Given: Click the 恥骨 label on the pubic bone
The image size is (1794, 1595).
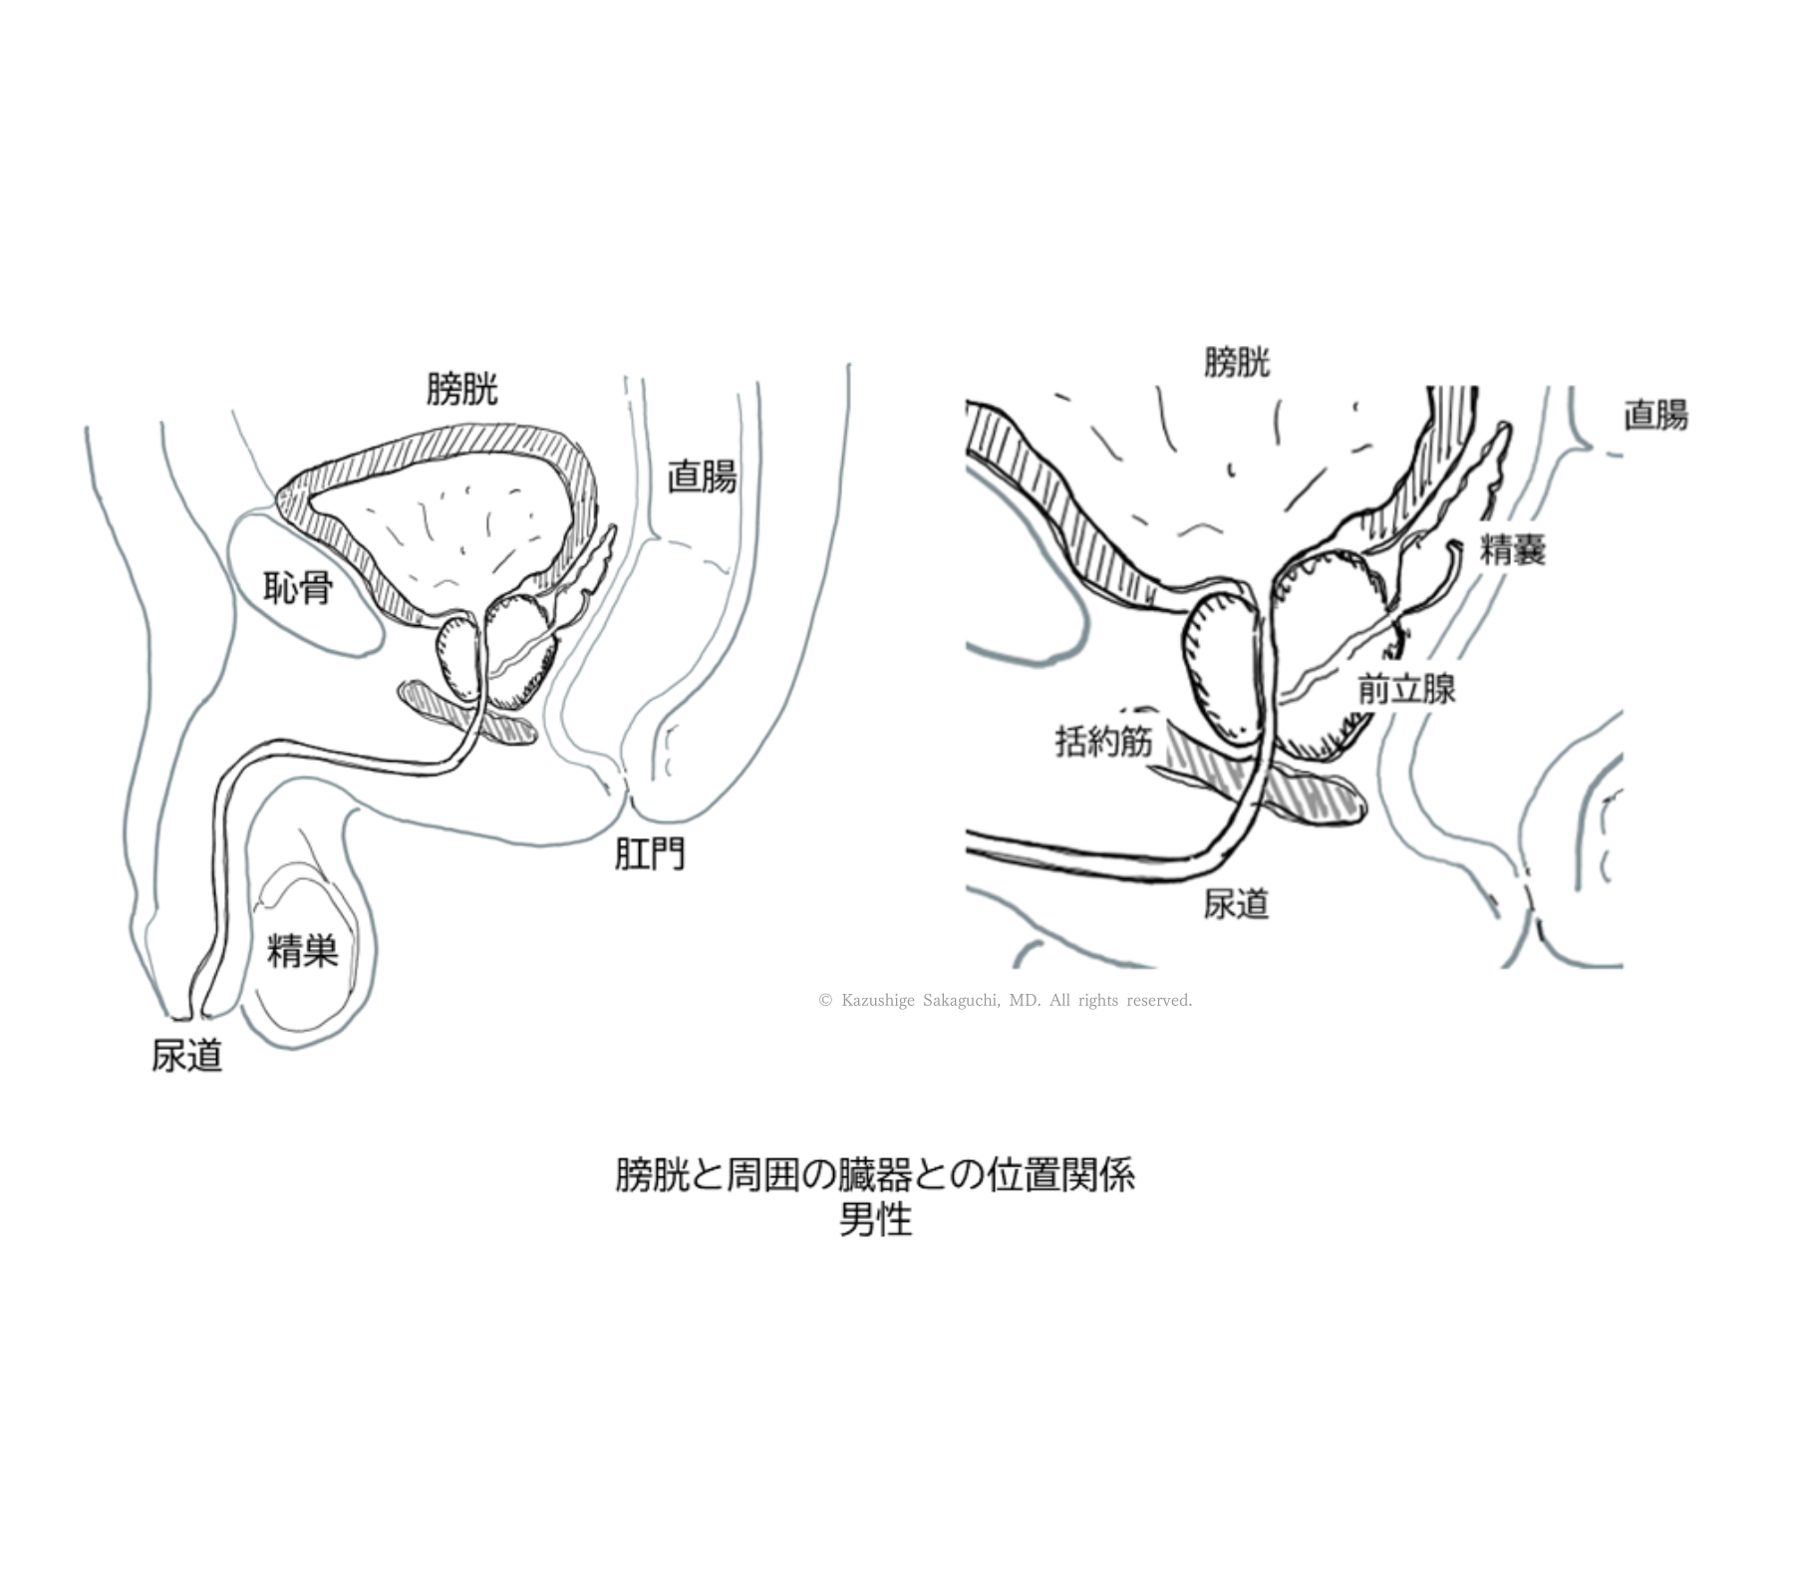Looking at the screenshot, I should click(x=298, y=588).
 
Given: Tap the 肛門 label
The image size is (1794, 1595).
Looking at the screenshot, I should click(x=649, y=854).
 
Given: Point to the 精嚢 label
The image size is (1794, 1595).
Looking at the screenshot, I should click(x=1512, y=549).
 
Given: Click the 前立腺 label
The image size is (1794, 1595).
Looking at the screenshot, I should click(x=1406, y=689).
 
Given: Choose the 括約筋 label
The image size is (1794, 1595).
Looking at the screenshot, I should click(x=1103, y=742).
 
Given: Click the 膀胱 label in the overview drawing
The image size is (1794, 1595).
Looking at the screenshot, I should click(x=461, y=389).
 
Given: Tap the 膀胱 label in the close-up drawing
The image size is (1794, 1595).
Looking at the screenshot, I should click(x=1236, y=361).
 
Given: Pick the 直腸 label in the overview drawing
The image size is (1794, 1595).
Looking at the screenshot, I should click(x=702, y=477).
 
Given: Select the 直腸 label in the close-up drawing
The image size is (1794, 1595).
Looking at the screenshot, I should click(x=1655, y=415).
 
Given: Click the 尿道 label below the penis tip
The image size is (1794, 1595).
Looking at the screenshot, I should click(x=186, y=1056).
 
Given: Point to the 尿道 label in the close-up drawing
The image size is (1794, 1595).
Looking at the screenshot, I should click(x=1236, y=904).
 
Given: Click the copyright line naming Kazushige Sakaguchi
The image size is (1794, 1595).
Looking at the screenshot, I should click(x=1005, y=1000).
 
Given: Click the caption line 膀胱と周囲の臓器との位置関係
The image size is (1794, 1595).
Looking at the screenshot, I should click(x=875, y=1175).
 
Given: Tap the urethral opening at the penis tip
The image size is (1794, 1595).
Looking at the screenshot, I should click(x=191, y=1016).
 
